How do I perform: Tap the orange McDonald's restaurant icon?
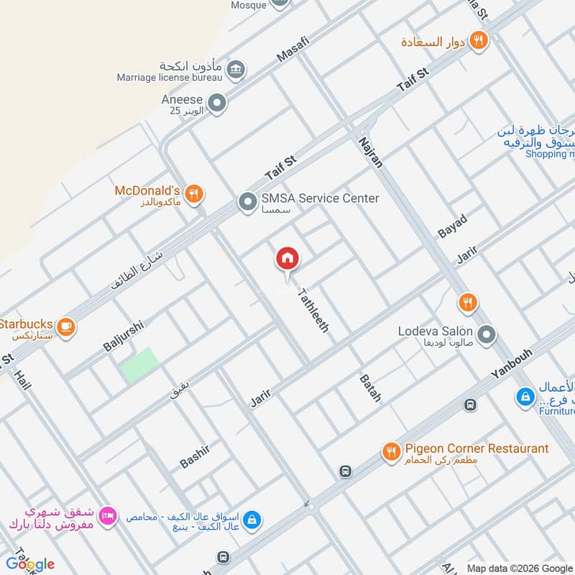(x=193, y=193)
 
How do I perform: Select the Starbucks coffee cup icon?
(x=66, y=326)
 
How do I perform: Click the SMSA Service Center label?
(x=319, y=198)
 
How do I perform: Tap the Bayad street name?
(x=452, y=226)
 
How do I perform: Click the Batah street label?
(x=370, y=387)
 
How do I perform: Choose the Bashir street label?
(x=194, y=456)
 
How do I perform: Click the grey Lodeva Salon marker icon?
(x=487, y=334)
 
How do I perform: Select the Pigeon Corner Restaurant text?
(x=477, y=448)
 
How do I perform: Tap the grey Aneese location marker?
(x=217, y=103)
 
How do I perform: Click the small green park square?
(x=139, y=365)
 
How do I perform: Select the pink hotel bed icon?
(x=107, y=516)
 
